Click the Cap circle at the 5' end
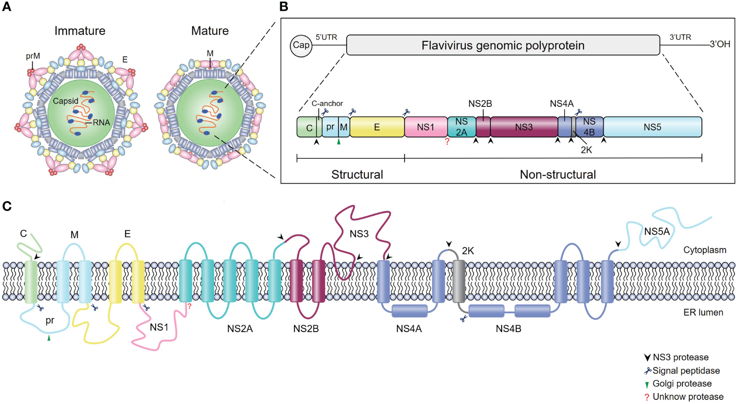[301, 46]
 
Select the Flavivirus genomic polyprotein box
[503, 45]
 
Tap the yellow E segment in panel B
[377, 127]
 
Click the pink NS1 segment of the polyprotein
[425, 127]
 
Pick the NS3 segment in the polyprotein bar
[524, 127]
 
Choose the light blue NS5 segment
[652, 127]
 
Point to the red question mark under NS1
[447, 141]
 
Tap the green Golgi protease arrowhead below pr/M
[338, 142]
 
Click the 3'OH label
[720, 44]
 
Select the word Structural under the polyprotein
[357, 175]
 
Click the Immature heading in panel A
[80, 31]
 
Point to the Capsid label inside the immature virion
[66, 101]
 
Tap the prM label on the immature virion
[33, 56]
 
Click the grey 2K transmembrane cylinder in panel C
[459, 281]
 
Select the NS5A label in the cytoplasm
[656, 232]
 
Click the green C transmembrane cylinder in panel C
[31, 281]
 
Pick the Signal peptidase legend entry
[682, 371]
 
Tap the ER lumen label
[703, 313]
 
